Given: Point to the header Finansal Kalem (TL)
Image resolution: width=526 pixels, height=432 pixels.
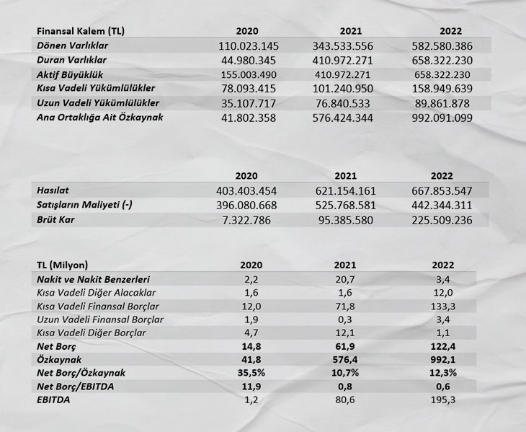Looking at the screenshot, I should point(80,31).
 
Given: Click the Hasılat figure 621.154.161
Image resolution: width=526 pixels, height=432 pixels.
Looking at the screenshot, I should point(344,190).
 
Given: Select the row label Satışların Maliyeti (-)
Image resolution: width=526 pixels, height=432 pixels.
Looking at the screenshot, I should point(84,205).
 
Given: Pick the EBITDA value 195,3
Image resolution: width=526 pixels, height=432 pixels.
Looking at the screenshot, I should point(442,400).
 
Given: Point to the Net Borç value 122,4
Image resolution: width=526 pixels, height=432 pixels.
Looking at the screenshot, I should point(442,345).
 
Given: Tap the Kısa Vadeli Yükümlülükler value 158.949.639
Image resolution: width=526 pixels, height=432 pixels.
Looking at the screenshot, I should point(442,89).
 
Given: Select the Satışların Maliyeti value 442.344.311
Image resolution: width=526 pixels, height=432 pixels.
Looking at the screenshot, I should point(442,205).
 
